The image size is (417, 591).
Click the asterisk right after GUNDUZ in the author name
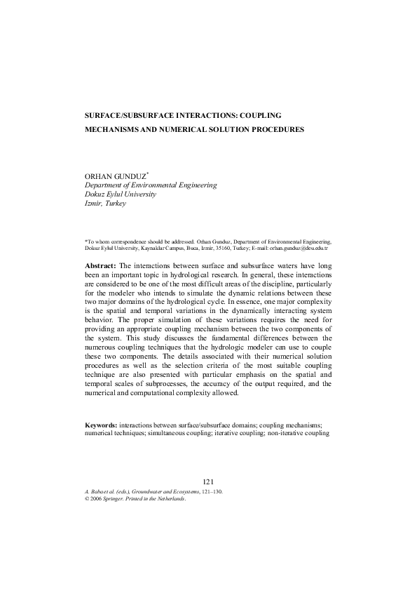[x=139, y=173]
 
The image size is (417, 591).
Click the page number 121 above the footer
[x=208, y=481]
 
